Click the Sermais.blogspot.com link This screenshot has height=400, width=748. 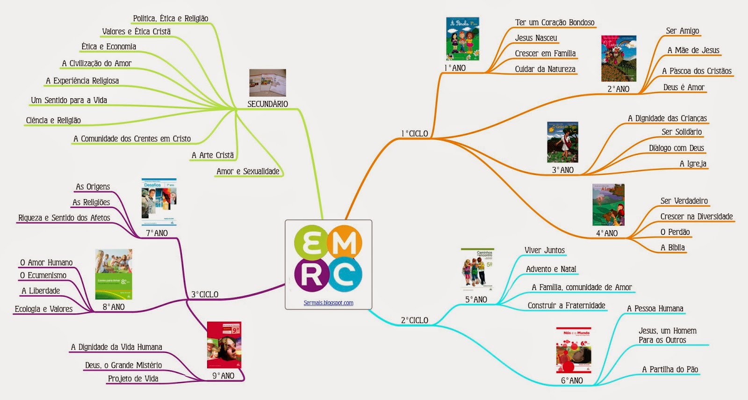coord(328,303)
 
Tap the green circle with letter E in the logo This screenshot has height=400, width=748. coord(311,242)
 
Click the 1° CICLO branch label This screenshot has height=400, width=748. coord(415,134)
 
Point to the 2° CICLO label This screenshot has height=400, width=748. coord(414,320)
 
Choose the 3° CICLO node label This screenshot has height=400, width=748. coord(205,295)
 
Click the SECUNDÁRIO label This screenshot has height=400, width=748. coord(267,104)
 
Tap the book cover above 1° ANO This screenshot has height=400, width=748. coord(462,39)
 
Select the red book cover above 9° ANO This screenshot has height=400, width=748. coord(224,345)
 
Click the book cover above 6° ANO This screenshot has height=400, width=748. coord(574,350)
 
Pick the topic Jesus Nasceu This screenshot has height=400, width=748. coord(536,38)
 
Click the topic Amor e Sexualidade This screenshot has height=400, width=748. coord(248,172)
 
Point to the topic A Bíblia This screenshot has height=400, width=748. coord(672,247)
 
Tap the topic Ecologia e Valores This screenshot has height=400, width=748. coord(43,309)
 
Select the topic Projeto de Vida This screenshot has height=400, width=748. coord(133,378)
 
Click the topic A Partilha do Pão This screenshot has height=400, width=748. coord(670,370)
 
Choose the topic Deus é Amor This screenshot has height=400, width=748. coord(683,87)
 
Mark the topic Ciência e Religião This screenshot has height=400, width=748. coord(53,121)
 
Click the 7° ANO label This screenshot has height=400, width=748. coord(157,233)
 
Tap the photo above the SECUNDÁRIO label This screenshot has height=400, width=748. coord(267,83)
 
